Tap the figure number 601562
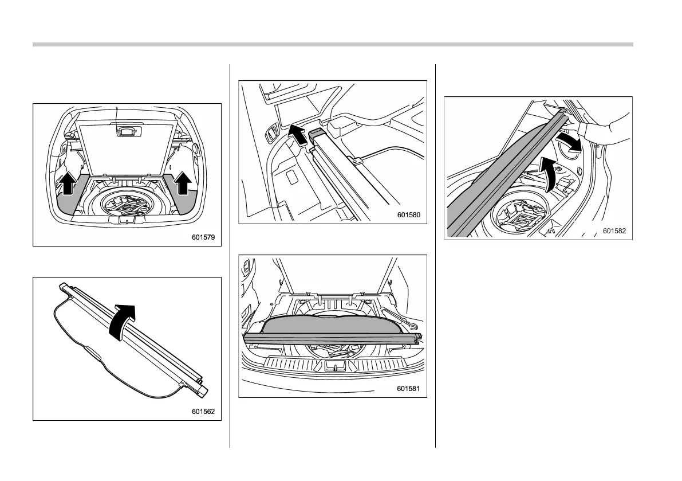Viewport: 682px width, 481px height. pos(204,410)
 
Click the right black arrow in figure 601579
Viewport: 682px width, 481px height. pos(183,183)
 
